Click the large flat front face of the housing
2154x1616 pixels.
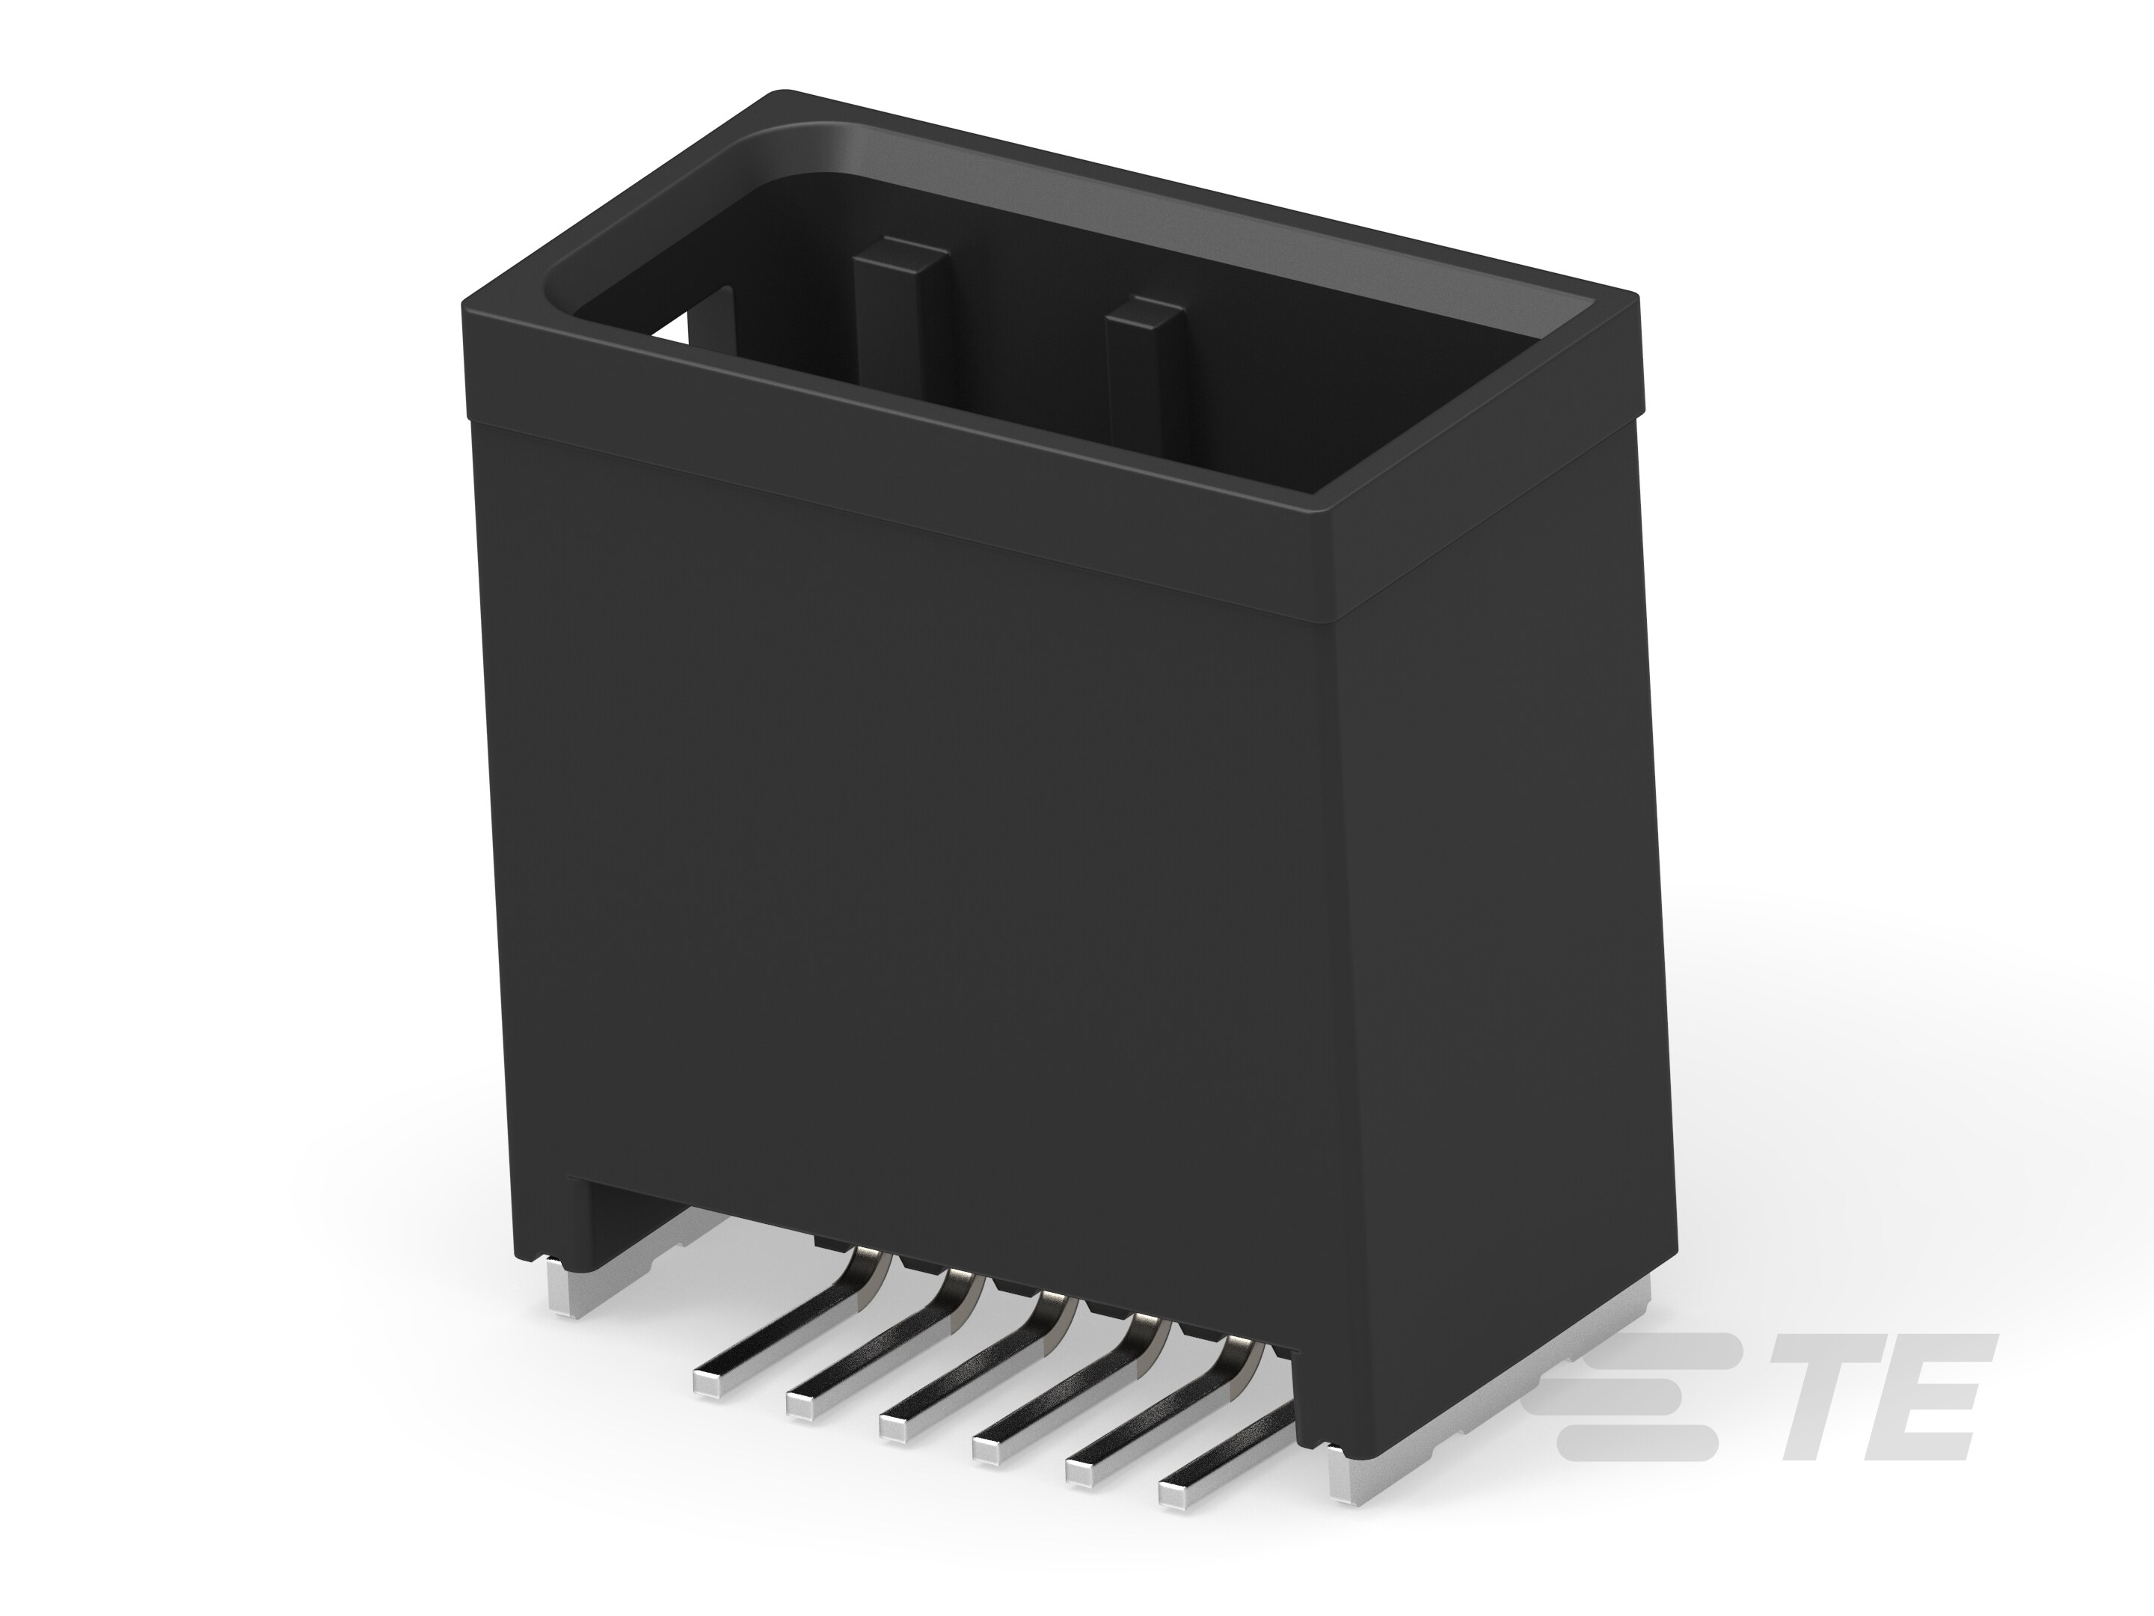pos(906,857)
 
